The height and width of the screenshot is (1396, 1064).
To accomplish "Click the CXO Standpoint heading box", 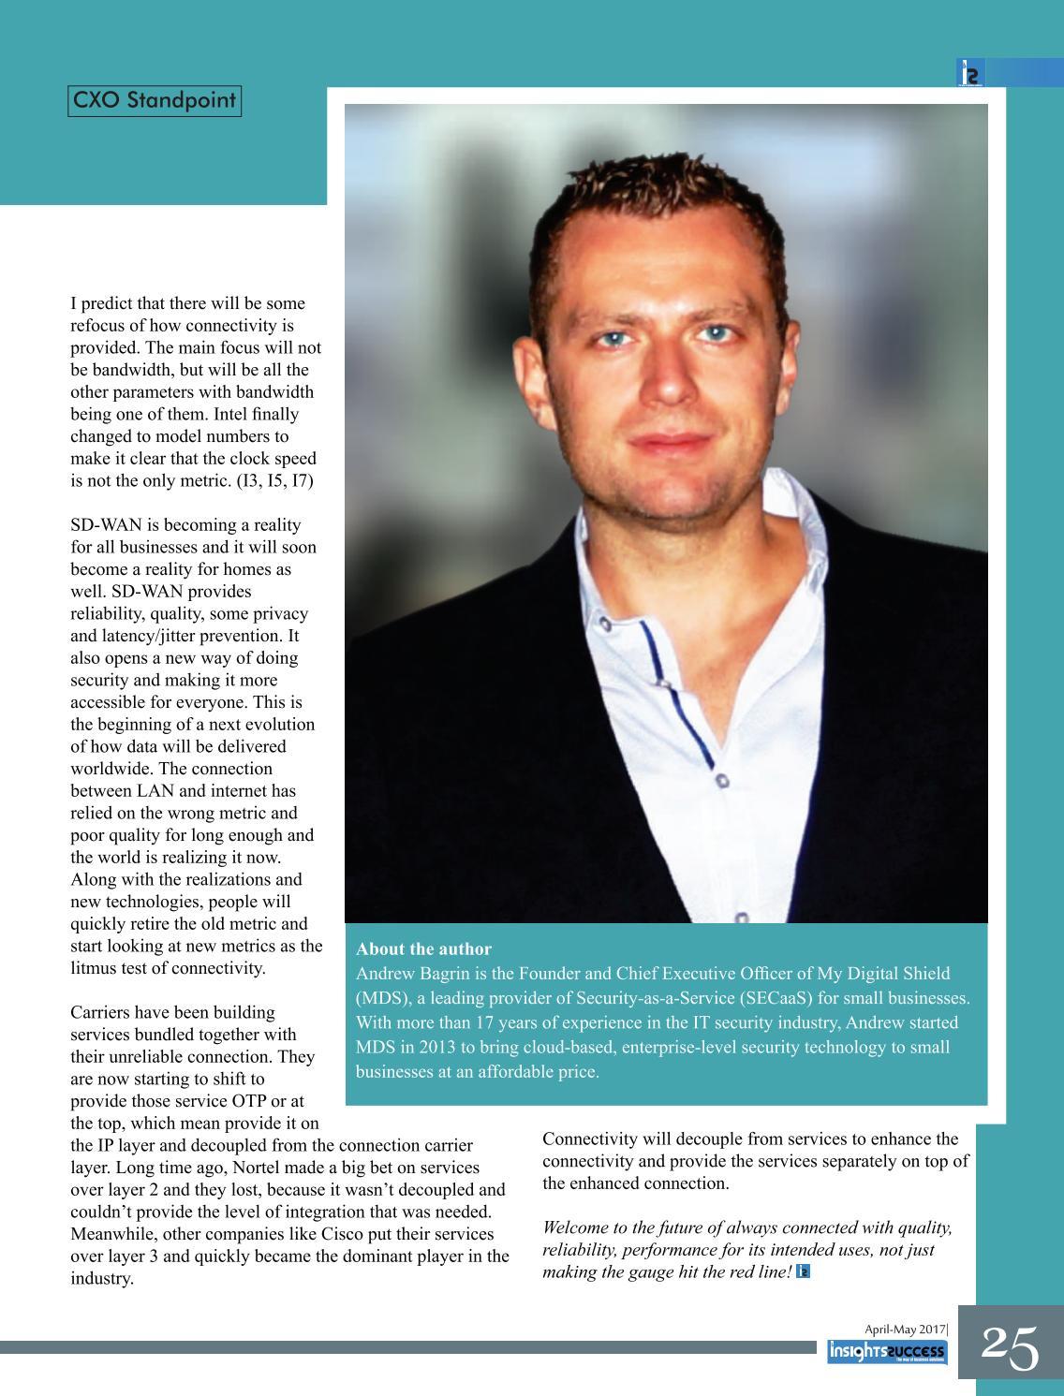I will coord(155,101).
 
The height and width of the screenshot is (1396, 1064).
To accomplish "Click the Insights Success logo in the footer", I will coord(887,1352).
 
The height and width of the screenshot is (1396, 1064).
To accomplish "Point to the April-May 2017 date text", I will coord(905,1329).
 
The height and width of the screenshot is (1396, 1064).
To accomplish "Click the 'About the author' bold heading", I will coord(423,948).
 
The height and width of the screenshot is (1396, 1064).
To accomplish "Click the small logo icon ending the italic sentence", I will coord(803,1271).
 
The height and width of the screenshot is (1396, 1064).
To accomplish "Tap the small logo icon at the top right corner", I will coord(970,74).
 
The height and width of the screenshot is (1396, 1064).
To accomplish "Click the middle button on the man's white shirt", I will coord(721,779).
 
